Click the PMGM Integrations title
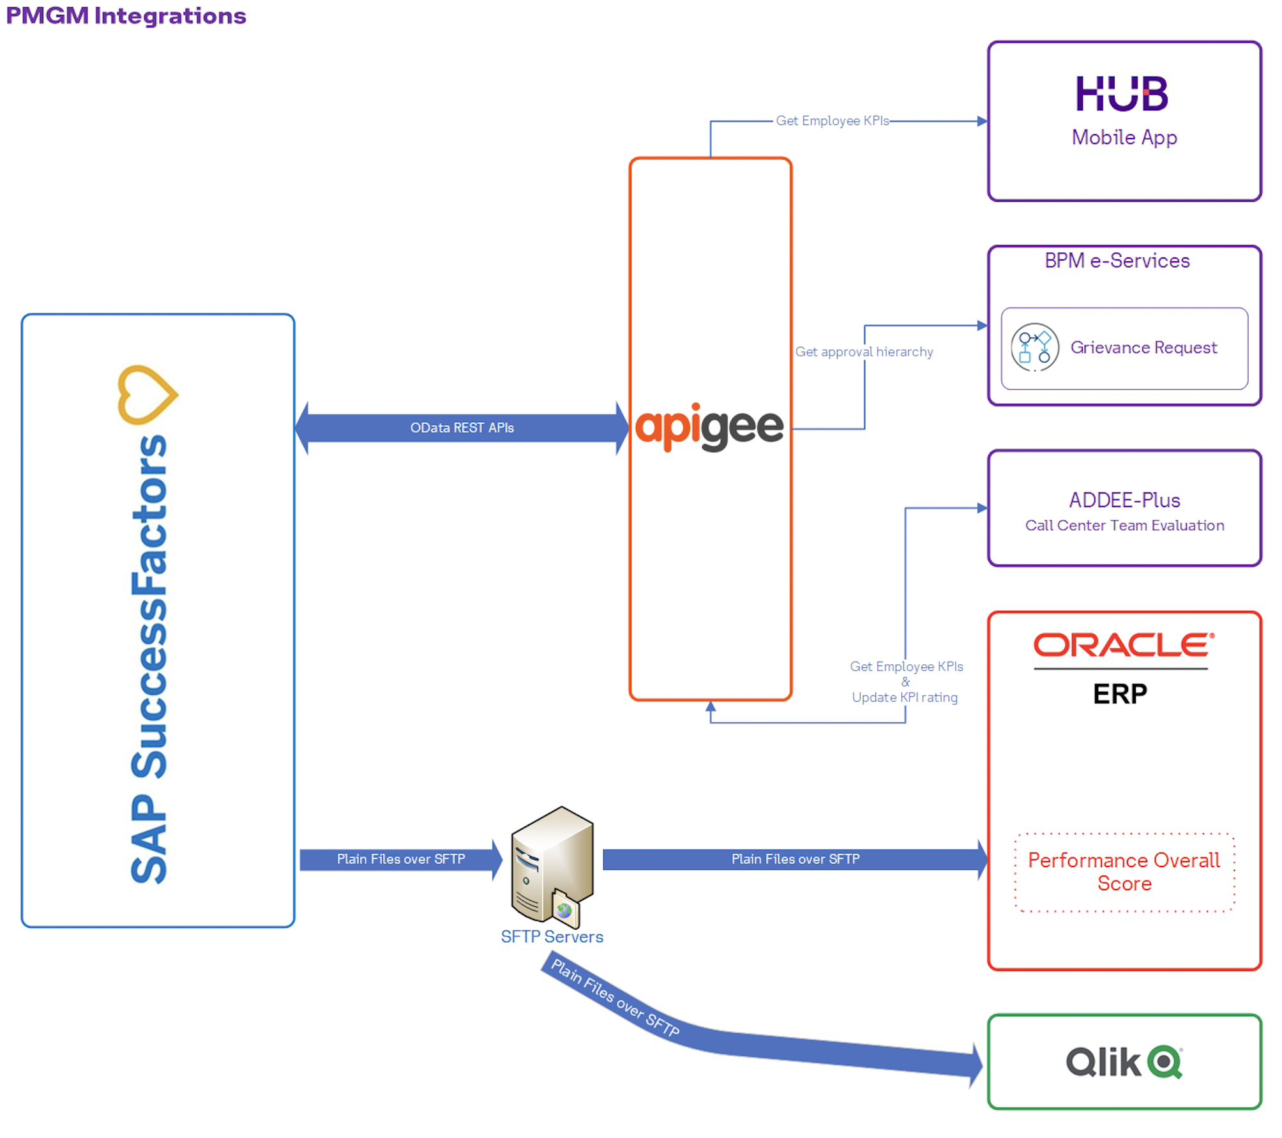[x=126, y=15]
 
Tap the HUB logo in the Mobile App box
[x=1122, y=93]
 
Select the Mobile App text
[x=1124, y=137]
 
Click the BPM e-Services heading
[x=1117, y=261]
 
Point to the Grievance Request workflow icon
[x=1034, y=347]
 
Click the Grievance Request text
[x=1143, y=347]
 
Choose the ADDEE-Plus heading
[x=1124, y=500]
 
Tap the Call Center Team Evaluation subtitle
[x=1124, y=526]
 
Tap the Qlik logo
[x=1124, y=1062]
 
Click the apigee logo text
[x=709, y=427]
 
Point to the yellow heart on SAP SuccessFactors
[x=147, y=394]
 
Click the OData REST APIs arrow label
[x=462, y=428]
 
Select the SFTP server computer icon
[x=552, y=865]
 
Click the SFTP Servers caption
[x=552, y=937]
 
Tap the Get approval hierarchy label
[x=863, y=352]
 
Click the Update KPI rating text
[x=904, y=697]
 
